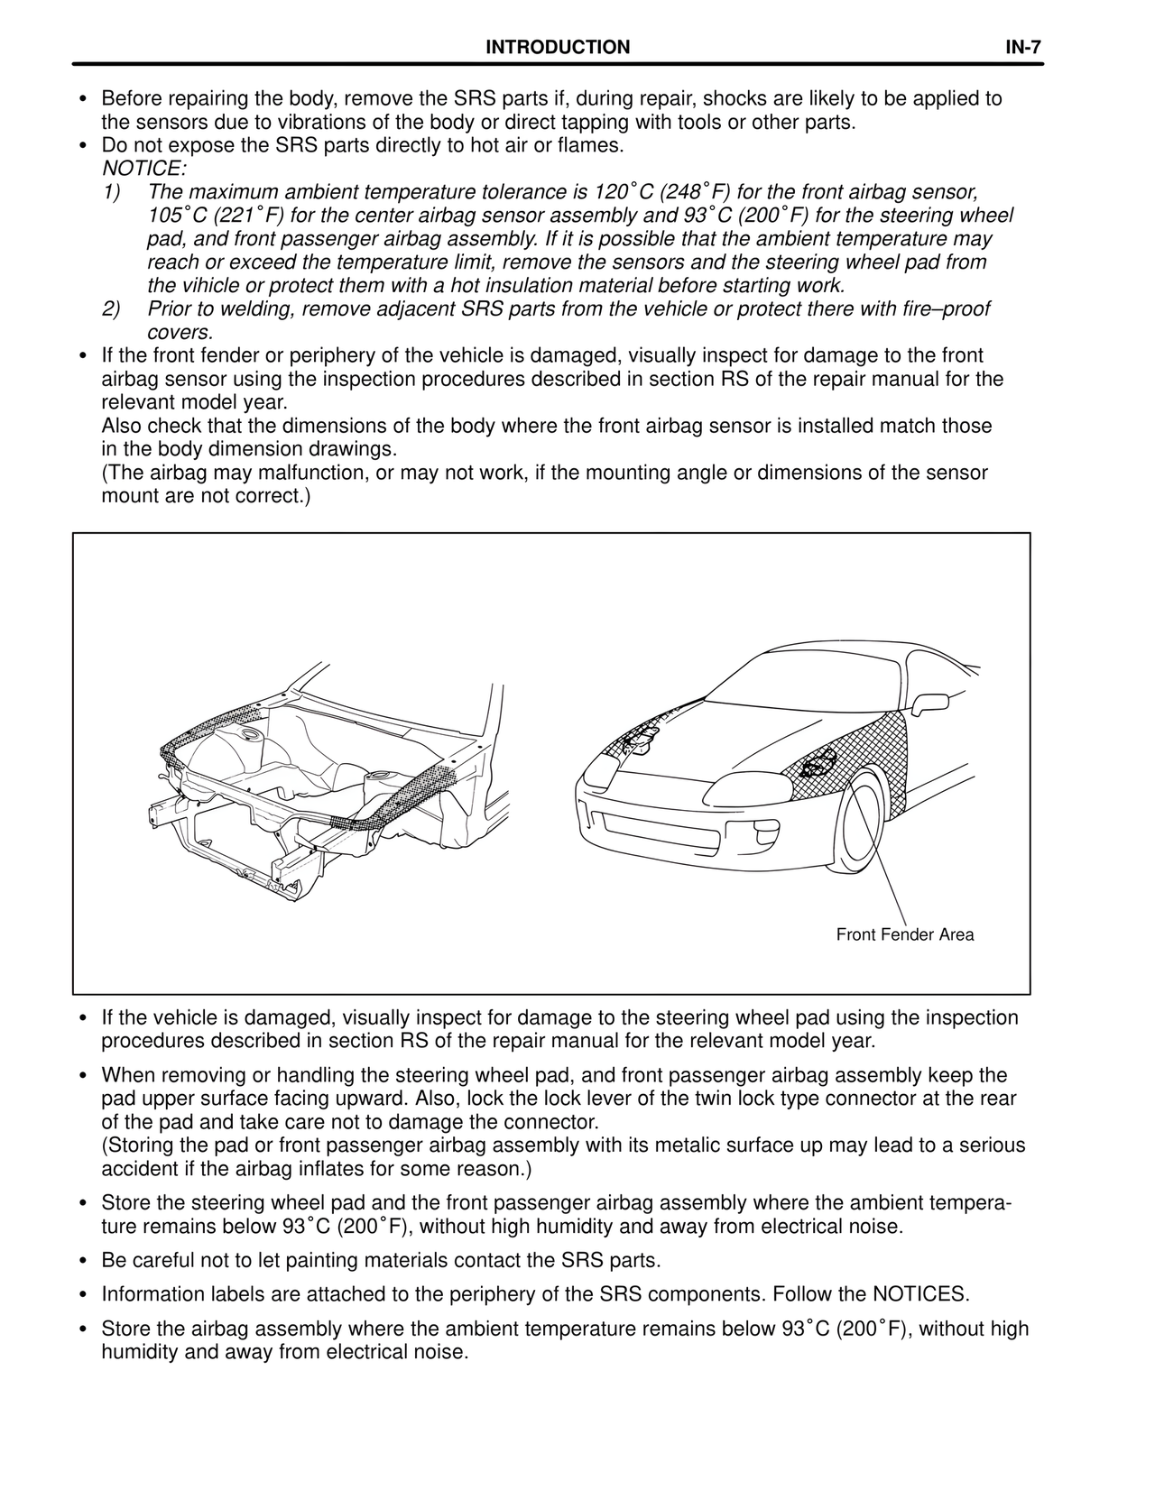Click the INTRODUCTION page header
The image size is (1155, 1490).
click(558, 48)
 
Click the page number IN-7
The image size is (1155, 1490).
click(1024, 48)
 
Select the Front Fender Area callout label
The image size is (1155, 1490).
click(904, 934)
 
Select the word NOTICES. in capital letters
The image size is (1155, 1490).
click(919, 1294)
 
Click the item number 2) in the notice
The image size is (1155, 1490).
click(111, 309)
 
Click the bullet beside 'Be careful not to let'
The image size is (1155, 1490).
click(83, 1261)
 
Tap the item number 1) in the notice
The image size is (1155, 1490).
click(111, 192)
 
